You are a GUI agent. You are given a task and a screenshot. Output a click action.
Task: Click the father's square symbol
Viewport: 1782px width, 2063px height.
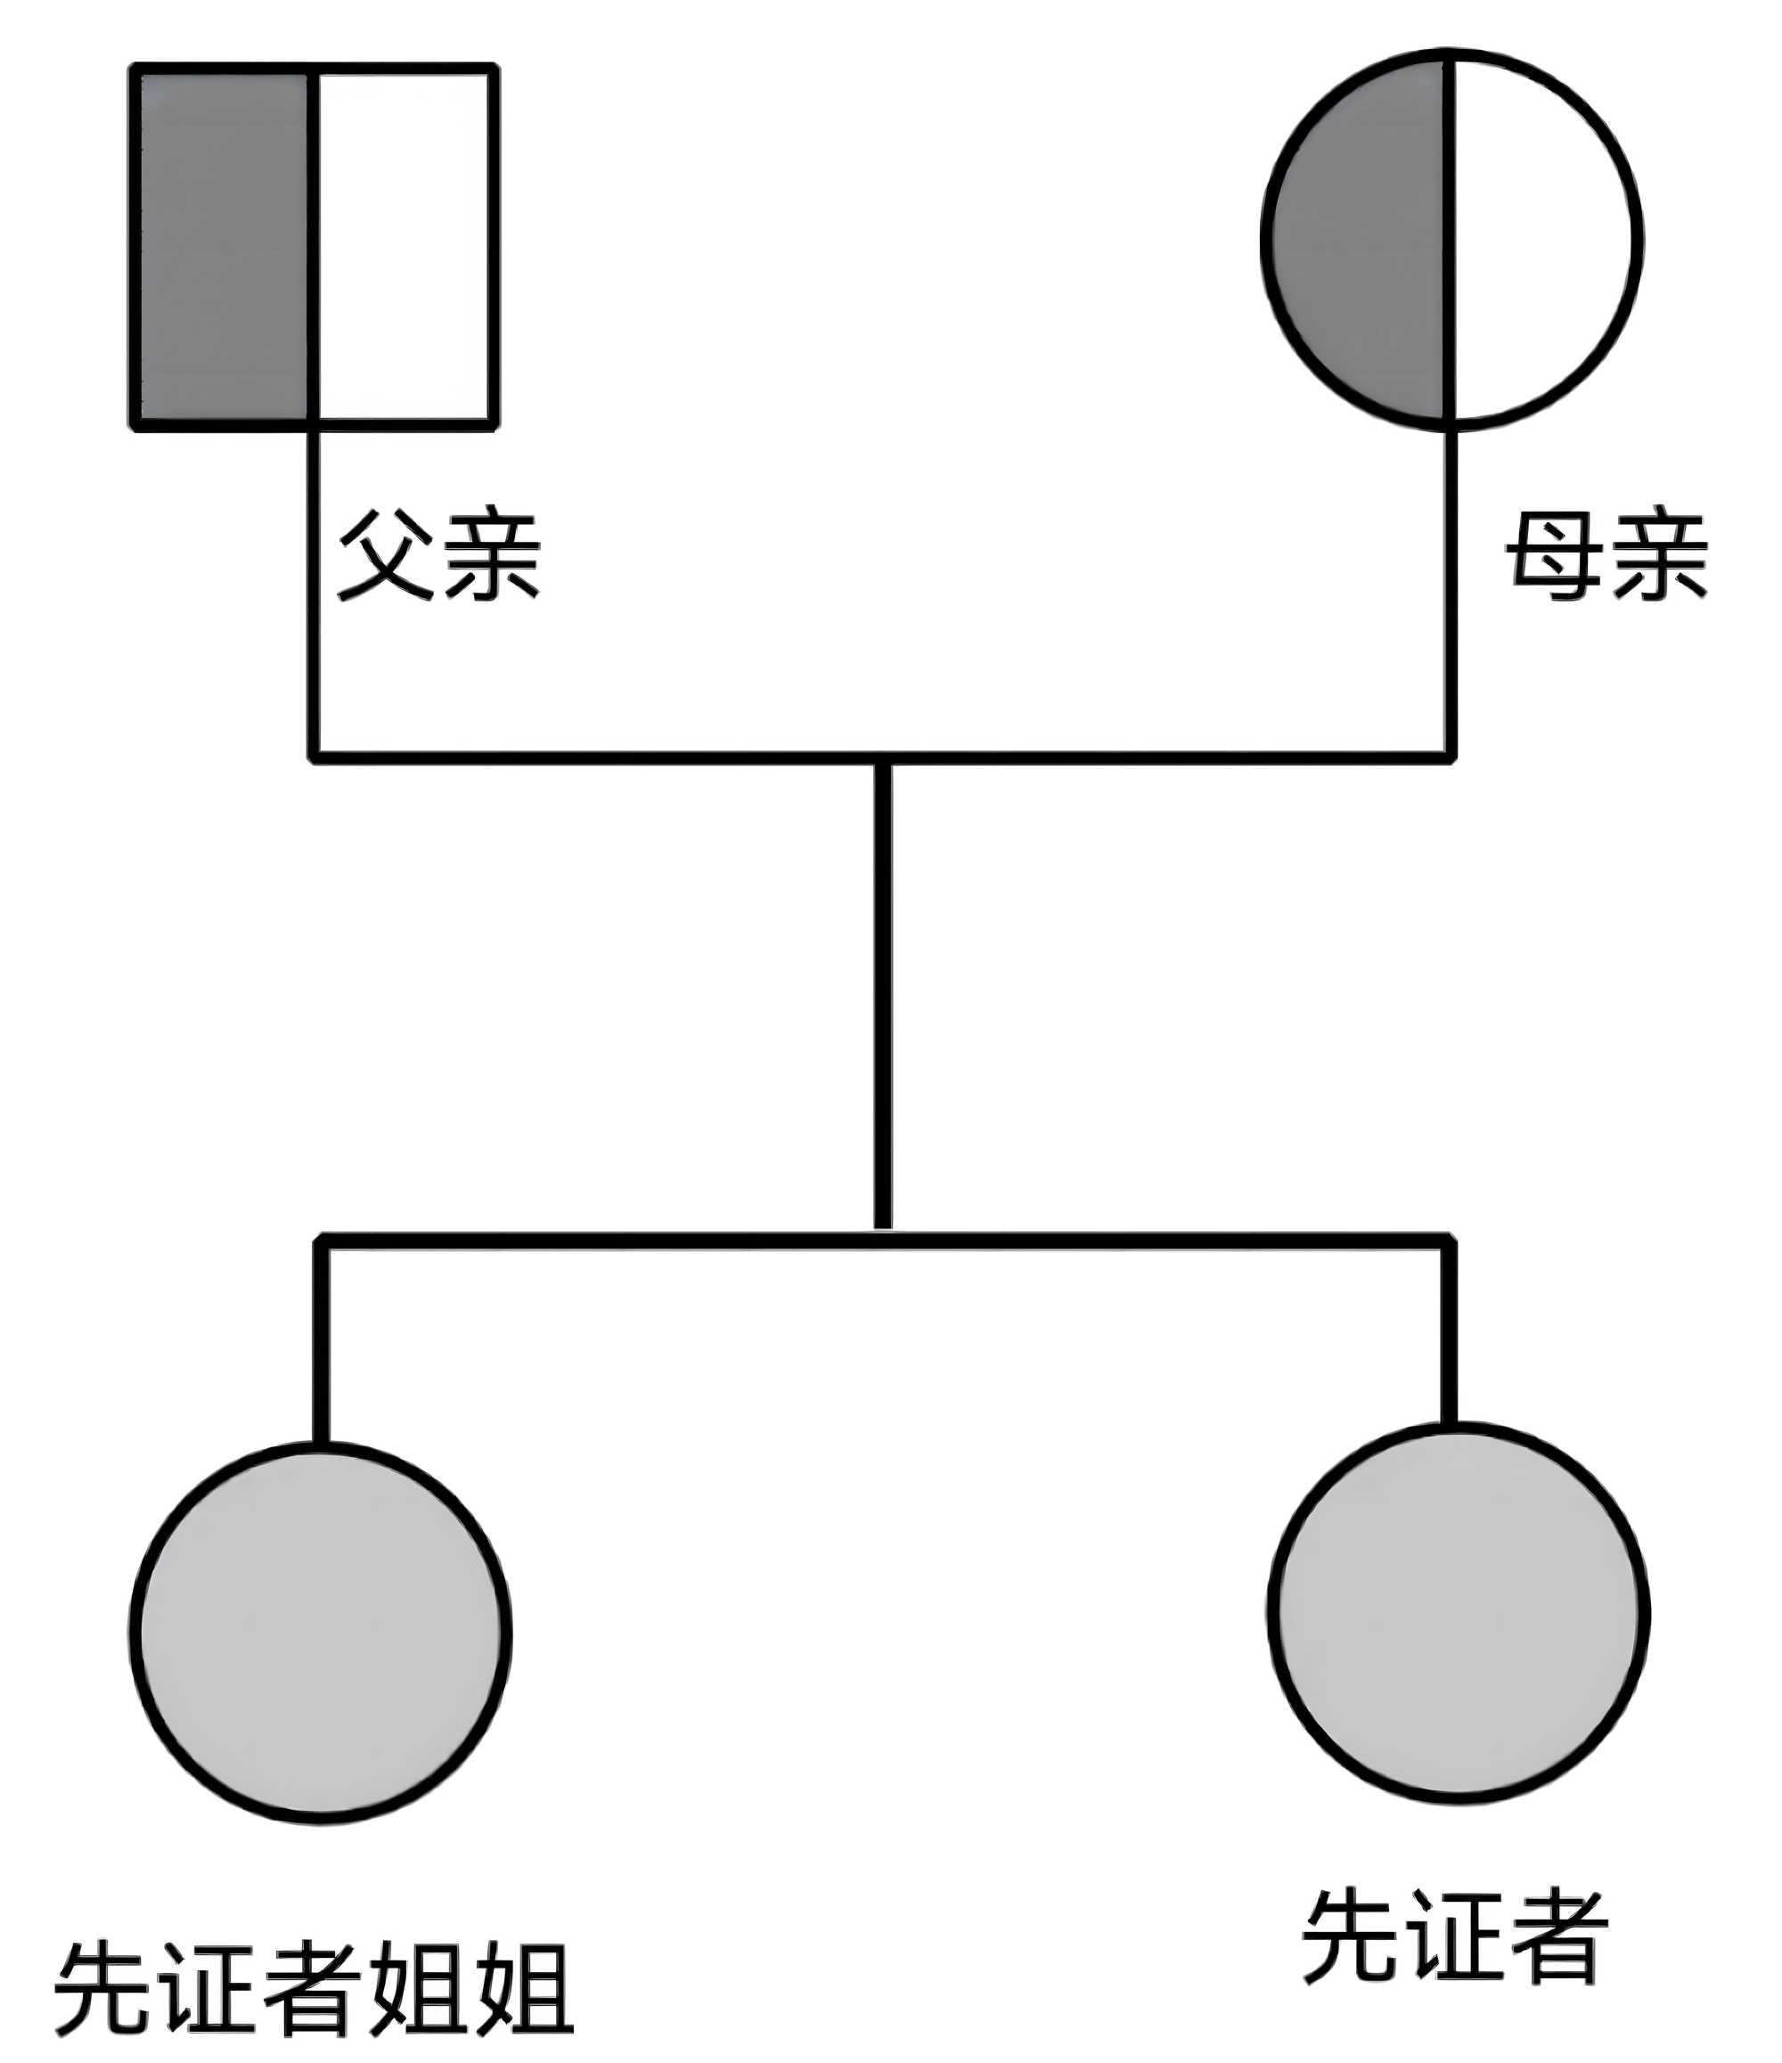point(314,247)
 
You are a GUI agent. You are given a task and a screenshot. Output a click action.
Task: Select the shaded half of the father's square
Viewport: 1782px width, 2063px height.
point(224,247)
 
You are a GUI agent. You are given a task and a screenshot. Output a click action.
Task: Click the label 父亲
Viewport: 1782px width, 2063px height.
point(439,555)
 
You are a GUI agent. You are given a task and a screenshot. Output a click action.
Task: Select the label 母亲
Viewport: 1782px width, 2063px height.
point(1606,555)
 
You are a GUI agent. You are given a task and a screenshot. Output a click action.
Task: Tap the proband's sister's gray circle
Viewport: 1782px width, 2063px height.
point(321,1633)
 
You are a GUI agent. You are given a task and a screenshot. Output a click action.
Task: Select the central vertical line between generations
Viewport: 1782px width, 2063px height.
point(883,995)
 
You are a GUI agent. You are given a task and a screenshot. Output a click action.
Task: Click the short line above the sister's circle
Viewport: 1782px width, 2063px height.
point(321,1344)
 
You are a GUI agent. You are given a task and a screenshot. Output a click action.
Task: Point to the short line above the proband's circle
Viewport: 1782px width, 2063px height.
point(1450,1334)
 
